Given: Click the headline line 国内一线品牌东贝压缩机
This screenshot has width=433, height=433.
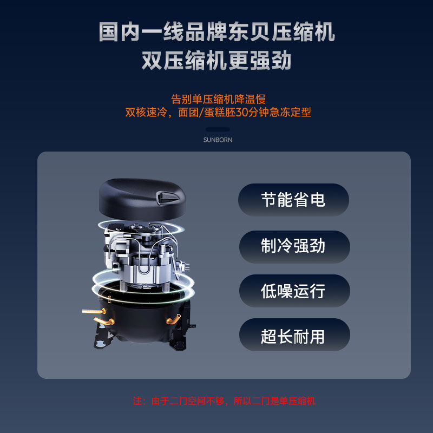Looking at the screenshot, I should coord(216,32).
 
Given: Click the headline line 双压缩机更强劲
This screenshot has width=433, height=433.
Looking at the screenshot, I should coord(216,61).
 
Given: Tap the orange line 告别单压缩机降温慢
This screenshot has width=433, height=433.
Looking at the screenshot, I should coord(218,100).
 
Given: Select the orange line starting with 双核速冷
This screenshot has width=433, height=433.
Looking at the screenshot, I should coord(218,113).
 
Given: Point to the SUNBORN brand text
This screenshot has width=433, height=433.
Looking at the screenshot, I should coord(218,140).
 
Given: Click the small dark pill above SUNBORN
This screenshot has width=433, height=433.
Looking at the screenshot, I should coord(218,129).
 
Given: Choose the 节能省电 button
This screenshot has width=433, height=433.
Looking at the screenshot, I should coord(293,200).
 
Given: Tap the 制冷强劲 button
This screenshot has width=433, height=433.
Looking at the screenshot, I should coord(293,246).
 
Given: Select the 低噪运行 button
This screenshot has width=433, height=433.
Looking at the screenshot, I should coord(293,291).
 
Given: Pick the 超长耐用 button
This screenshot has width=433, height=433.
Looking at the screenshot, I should coord(293,337).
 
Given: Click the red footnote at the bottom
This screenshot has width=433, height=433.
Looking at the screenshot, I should coord(224,401).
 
